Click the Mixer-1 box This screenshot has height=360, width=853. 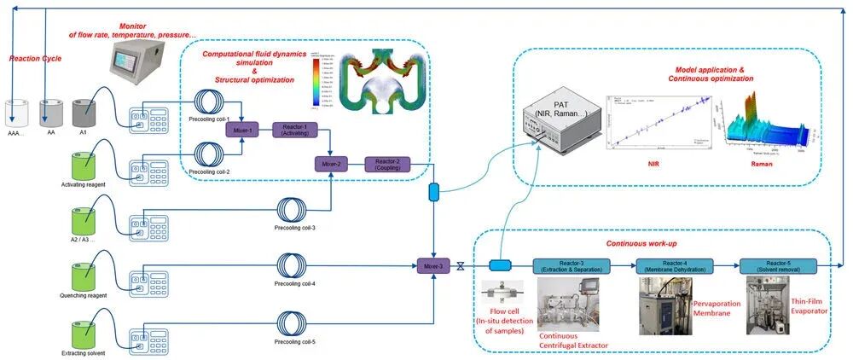[x=241, y=131]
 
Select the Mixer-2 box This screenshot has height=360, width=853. [x=331, y=162]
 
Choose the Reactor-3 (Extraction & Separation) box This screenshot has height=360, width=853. [x=568, y=266]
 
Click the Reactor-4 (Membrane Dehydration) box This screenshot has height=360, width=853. [x=672, y=265]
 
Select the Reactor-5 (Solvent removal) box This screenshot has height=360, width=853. [x=777, y=265]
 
